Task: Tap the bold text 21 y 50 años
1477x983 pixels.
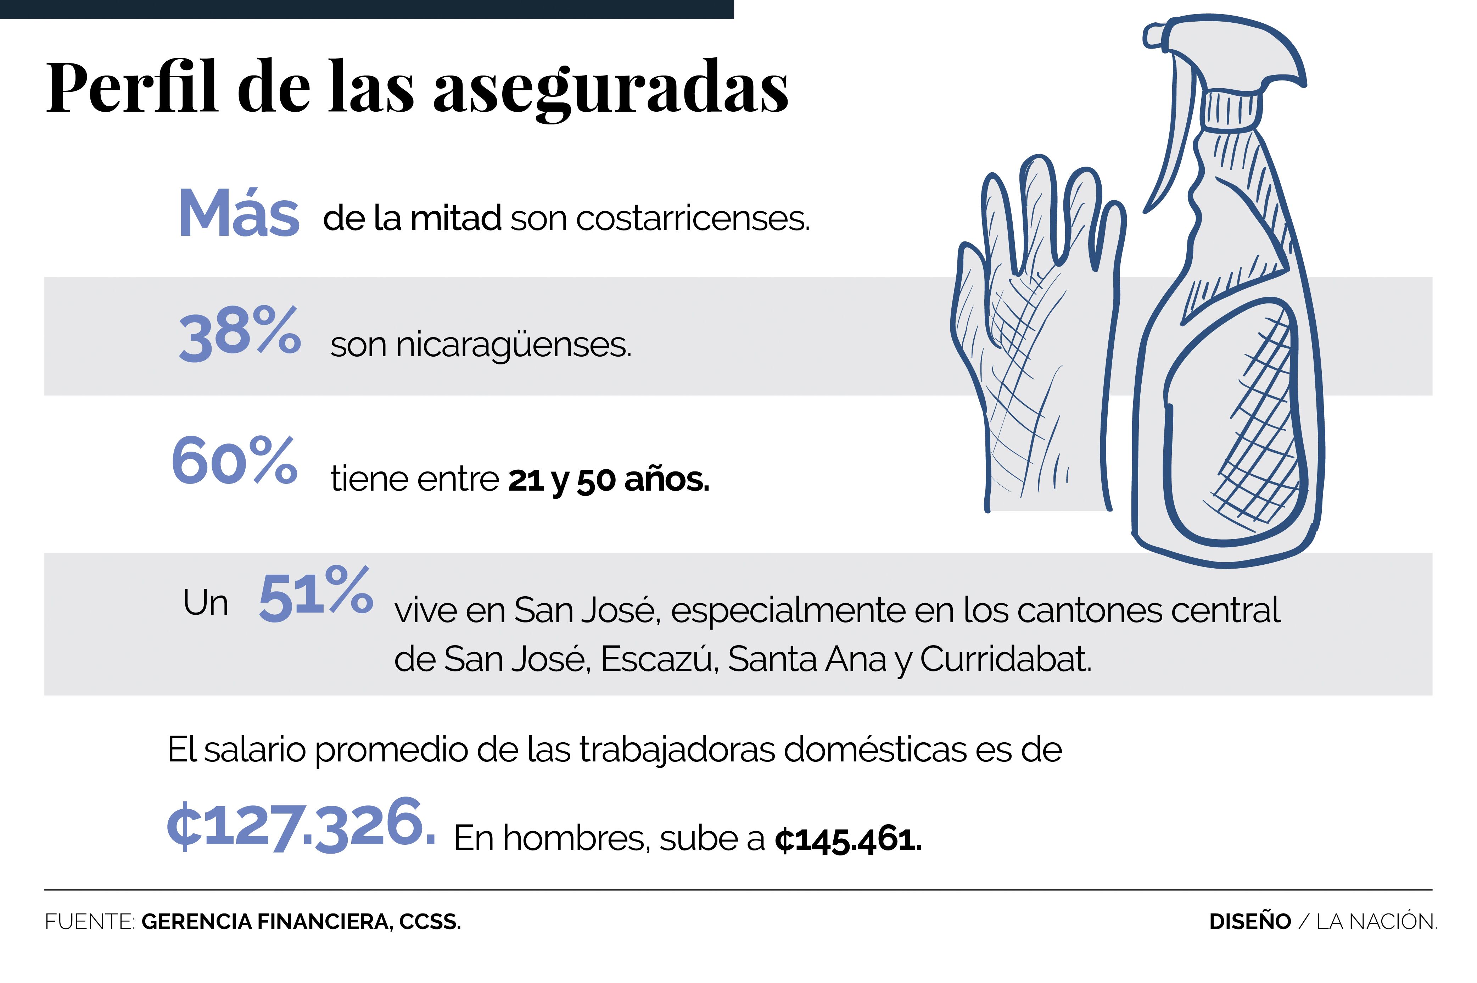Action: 608,480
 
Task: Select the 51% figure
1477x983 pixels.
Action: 315,594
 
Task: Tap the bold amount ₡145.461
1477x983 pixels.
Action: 847,840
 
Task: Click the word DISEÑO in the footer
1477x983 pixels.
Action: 1249,922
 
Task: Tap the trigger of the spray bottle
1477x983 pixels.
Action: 1171,144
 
